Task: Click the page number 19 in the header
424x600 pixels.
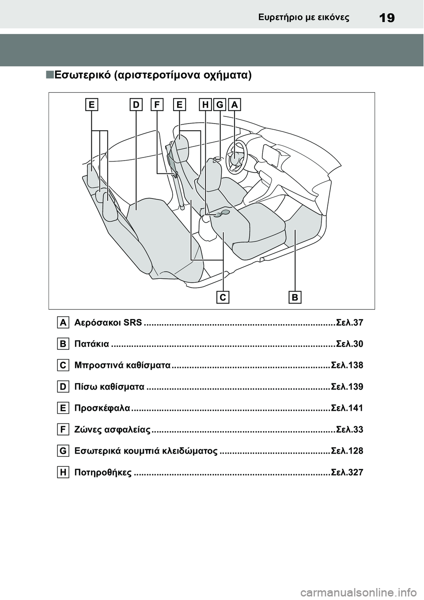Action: coord(387,18)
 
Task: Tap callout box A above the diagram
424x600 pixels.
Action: coord(235,105)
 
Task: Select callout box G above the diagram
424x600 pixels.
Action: coord(220,105)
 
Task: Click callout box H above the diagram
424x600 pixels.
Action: coord(205,105)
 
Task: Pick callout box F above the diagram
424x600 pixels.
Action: coord(157,105)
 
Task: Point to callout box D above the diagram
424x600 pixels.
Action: coord(136,105)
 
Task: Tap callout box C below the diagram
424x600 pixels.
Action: coord(223,297)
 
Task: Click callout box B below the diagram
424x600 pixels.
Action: coord(295,297)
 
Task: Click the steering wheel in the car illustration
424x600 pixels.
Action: coord(235,156)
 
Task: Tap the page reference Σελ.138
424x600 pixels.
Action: coord(347,365)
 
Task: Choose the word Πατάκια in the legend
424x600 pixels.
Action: coord(92,344)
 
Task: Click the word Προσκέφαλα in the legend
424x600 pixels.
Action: coord(102,408)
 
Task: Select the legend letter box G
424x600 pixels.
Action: coord(63,451)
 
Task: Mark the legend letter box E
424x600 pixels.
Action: coord(63,408)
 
